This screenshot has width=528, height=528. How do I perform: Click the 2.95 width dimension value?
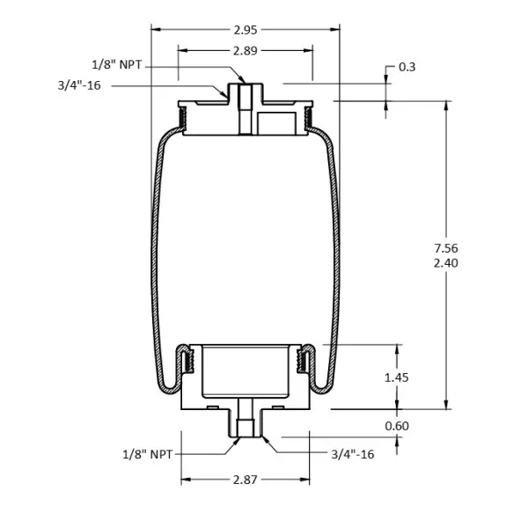(x=246, y=30)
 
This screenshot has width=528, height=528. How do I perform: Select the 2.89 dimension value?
(x=246, y=51)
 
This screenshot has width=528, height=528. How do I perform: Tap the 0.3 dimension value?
(x=407, y=67)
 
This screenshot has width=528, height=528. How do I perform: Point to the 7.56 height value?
(x=446, y=248)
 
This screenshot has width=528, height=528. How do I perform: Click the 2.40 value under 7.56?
(x=446, y=263)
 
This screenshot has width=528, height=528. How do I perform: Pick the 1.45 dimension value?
(x=397, y=378)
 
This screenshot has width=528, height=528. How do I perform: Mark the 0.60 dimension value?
(x=397, y=426)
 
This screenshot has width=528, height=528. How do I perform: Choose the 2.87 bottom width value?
(x=246, y=480)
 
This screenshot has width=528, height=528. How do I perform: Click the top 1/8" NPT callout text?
(x=117, y=64)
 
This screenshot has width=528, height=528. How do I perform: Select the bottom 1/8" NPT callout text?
(x=148, y=454)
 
